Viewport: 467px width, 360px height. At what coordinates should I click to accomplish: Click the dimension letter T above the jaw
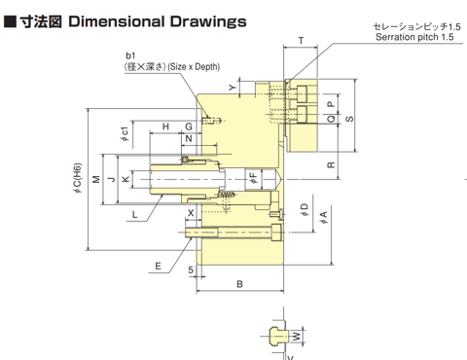301,41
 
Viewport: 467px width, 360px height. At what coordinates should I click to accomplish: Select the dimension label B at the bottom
239,284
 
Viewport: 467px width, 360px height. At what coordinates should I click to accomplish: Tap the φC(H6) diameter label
78,178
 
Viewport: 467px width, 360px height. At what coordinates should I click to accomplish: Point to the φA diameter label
324,217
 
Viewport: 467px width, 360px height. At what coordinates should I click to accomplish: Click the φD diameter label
305,210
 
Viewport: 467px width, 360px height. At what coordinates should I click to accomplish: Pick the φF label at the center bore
253,178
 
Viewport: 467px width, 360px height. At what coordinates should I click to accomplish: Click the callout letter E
158,267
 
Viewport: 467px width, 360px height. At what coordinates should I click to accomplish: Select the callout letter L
135,214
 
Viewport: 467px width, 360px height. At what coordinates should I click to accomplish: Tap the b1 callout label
130,55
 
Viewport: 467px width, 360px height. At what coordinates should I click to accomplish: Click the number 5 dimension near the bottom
191,270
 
